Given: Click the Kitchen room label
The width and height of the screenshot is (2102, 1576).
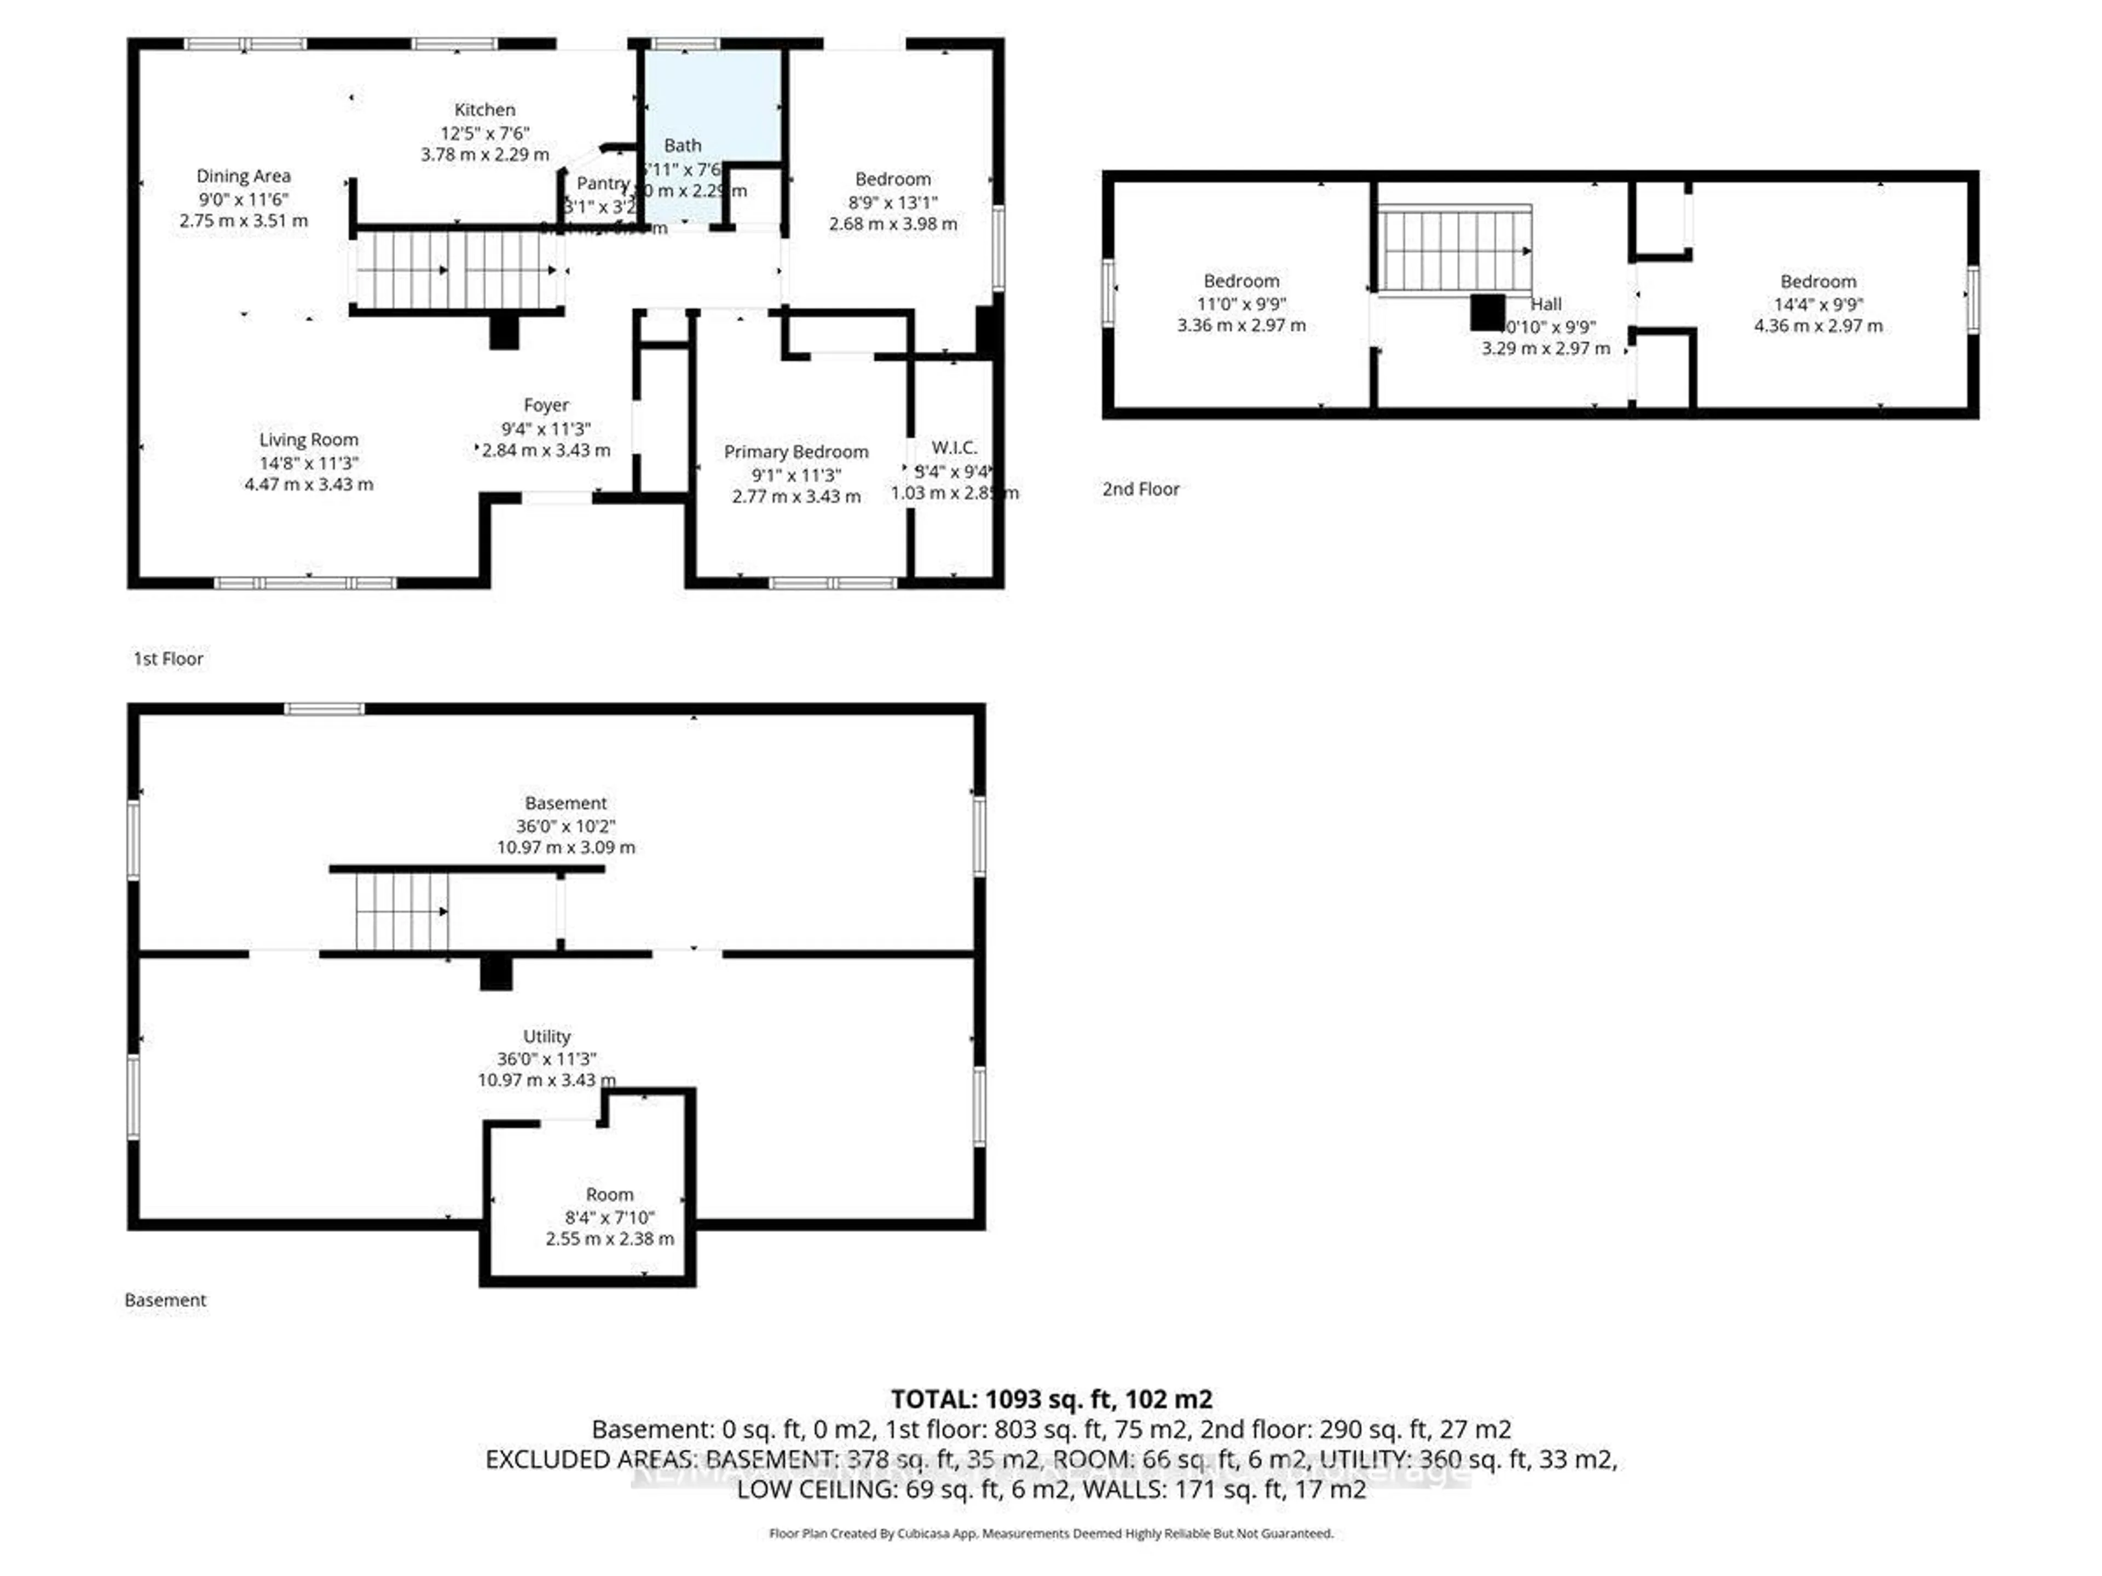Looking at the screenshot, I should coord(484,110).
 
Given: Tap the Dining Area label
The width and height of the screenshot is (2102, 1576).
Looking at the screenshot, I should coord(243,176).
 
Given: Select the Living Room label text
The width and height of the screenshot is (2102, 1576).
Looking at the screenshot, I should coord(309,440).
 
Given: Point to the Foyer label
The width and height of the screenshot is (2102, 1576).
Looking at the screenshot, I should coord(546,405).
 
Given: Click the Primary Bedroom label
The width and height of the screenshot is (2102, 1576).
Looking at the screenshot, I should coord(796,452).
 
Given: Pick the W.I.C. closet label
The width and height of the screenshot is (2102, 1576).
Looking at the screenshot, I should coord(954,448).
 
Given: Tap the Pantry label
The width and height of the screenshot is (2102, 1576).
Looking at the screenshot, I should coord(603,183).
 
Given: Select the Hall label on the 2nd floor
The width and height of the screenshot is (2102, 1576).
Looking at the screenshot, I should coord(1546,304).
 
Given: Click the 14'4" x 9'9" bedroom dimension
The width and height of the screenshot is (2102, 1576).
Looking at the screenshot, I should coord(1818,305).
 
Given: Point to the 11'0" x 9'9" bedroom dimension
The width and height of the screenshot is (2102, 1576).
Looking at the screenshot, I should coord(1241,305).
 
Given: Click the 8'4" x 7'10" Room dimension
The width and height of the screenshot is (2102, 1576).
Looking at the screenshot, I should coord(609,1218).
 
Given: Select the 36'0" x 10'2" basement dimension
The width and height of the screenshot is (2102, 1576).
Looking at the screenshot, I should coord(565,826).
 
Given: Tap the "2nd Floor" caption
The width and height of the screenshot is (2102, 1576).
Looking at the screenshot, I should coord(1140,489).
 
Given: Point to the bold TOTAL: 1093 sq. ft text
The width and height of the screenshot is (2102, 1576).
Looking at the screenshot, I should coord(1051,1399).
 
